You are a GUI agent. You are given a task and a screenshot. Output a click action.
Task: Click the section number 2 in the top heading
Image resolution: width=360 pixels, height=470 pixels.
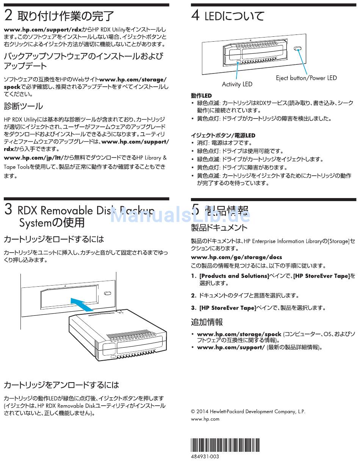[8, 16]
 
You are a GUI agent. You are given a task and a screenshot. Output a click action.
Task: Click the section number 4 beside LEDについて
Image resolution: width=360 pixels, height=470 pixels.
[196, 16]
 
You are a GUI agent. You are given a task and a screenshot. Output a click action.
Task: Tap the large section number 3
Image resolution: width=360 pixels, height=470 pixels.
[9, 210]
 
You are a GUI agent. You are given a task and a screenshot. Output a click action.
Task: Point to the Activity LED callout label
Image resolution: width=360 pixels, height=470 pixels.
[237, 84]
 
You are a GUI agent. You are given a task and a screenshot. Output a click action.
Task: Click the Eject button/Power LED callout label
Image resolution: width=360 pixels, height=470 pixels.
[306, 78]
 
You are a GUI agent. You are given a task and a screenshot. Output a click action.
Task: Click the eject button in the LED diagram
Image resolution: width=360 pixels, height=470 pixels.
[298, 49]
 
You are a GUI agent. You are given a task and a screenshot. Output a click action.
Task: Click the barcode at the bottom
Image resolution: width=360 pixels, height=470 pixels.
[225, 445]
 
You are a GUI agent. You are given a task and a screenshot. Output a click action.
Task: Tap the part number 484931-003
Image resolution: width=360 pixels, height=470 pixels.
[205, 456]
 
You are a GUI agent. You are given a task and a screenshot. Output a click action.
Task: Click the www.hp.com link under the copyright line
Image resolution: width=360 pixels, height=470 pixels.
[205, 419]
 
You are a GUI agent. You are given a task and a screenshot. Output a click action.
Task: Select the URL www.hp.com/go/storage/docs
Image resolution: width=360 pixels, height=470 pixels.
[236, 257]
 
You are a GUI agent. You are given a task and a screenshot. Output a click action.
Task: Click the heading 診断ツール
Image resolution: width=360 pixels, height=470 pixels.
[23, 106]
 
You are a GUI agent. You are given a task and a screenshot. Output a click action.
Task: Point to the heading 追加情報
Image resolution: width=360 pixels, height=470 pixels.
[207, 322]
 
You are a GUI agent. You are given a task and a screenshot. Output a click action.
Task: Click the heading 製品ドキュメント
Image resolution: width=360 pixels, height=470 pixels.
[219, 228]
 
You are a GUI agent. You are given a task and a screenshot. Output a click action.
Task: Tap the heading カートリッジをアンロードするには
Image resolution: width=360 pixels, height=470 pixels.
[61, 385]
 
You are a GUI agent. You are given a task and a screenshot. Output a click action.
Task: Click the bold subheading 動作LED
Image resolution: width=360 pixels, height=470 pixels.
[201, 95]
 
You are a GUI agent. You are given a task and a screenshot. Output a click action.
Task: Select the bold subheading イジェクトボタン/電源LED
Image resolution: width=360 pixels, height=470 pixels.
[223, 135]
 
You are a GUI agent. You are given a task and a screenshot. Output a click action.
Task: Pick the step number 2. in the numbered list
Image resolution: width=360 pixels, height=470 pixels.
[194, 295]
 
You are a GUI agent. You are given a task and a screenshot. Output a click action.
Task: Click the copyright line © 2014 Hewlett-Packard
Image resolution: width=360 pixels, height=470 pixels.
[248, 411]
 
